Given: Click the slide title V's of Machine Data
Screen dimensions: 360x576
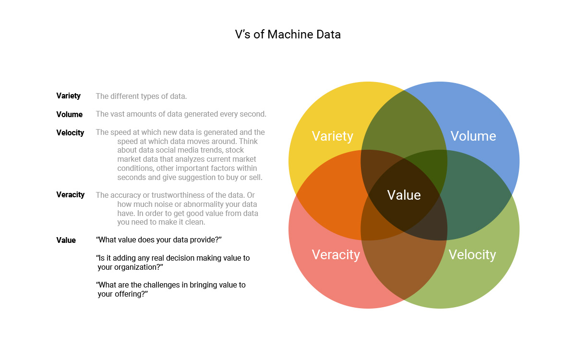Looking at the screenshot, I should (x=288, y=35).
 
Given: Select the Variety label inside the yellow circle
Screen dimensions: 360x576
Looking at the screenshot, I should (x=332, y=136).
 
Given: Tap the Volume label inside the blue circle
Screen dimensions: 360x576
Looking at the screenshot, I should (x=473, y=136).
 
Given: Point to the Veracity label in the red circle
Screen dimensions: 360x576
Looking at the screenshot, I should (x=336, y=254).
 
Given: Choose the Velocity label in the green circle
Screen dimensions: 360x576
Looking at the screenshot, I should (x=472, y=254).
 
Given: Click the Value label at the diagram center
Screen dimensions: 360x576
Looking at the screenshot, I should (x=404, y=195).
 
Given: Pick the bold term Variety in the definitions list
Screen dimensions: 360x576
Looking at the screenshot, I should (x=68, y=96).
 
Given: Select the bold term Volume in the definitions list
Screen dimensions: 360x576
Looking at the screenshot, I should (x=69, y=114).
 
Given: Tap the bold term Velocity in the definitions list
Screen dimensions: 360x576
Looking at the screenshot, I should (x=70, y=132).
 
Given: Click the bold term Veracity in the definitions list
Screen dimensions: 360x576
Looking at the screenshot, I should (x=70, y=194).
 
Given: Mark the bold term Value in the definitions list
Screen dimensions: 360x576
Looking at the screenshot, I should (x=66, y=240).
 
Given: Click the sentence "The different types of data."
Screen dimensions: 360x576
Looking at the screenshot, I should (x=141, y=96).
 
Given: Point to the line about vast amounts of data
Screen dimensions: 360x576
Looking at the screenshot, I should (x=181, y=114).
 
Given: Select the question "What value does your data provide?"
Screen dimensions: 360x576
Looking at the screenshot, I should (x=159, y=240).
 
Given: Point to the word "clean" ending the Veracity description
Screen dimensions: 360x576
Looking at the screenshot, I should (x=195, y=222).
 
